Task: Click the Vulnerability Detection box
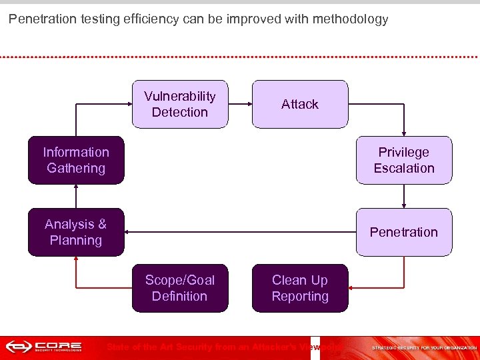coord(180,104)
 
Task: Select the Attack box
coord(300,104)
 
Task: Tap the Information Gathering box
coord(76,160)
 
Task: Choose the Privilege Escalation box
coord(404,160)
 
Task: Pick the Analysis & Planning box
coord(76,232)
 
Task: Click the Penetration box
coord(404,232)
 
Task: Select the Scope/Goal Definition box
coord(180,288)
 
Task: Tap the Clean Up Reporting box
coord(300,288)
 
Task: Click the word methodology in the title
coord(353,19)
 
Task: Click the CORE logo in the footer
coord(43,347)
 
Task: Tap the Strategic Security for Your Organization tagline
coord(423,348)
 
